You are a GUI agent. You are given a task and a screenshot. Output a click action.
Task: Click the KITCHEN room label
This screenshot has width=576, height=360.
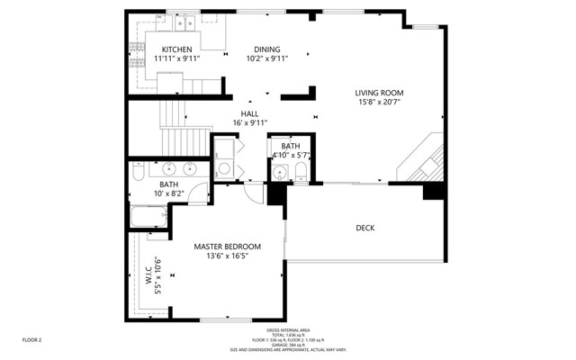point(176,49)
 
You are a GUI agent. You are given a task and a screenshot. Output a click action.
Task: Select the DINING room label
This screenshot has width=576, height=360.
point(266,49)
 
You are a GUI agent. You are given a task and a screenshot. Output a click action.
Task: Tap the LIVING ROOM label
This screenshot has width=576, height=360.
point(378,93)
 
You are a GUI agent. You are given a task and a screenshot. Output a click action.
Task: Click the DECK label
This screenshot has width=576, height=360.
point(364,228)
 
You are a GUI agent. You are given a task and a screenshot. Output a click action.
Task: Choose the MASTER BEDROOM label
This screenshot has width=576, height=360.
point(227,247)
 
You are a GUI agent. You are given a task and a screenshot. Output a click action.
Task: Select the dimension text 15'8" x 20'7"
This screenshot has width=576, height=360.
point(378,103)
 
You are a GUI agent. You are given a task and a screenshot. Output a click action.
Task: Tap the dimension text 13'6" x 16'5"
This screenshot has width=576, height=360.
point(227,256)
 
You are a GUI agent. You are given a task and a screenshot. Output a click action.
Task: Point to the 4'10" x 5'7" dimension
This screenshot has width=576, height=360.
point(291,155)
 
